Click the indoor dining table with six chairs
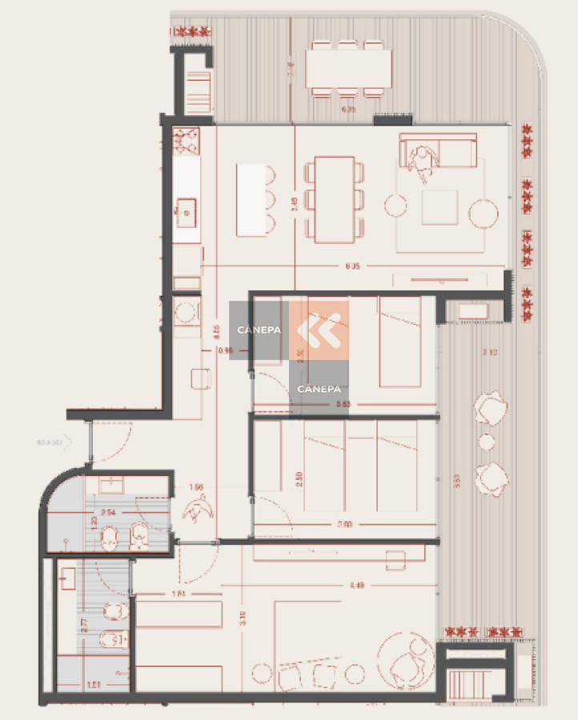tap(334, 199)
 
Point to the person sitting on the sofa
tap(421, 161)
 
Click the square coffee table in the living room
tap(440, 207)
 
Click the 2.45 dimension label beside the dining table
tap(294, 205)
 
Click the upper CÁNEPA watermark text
tap(259, 330)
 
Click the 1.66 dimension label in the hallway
tap(197, 486)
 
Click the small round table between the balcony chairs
tap(486, 442)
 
